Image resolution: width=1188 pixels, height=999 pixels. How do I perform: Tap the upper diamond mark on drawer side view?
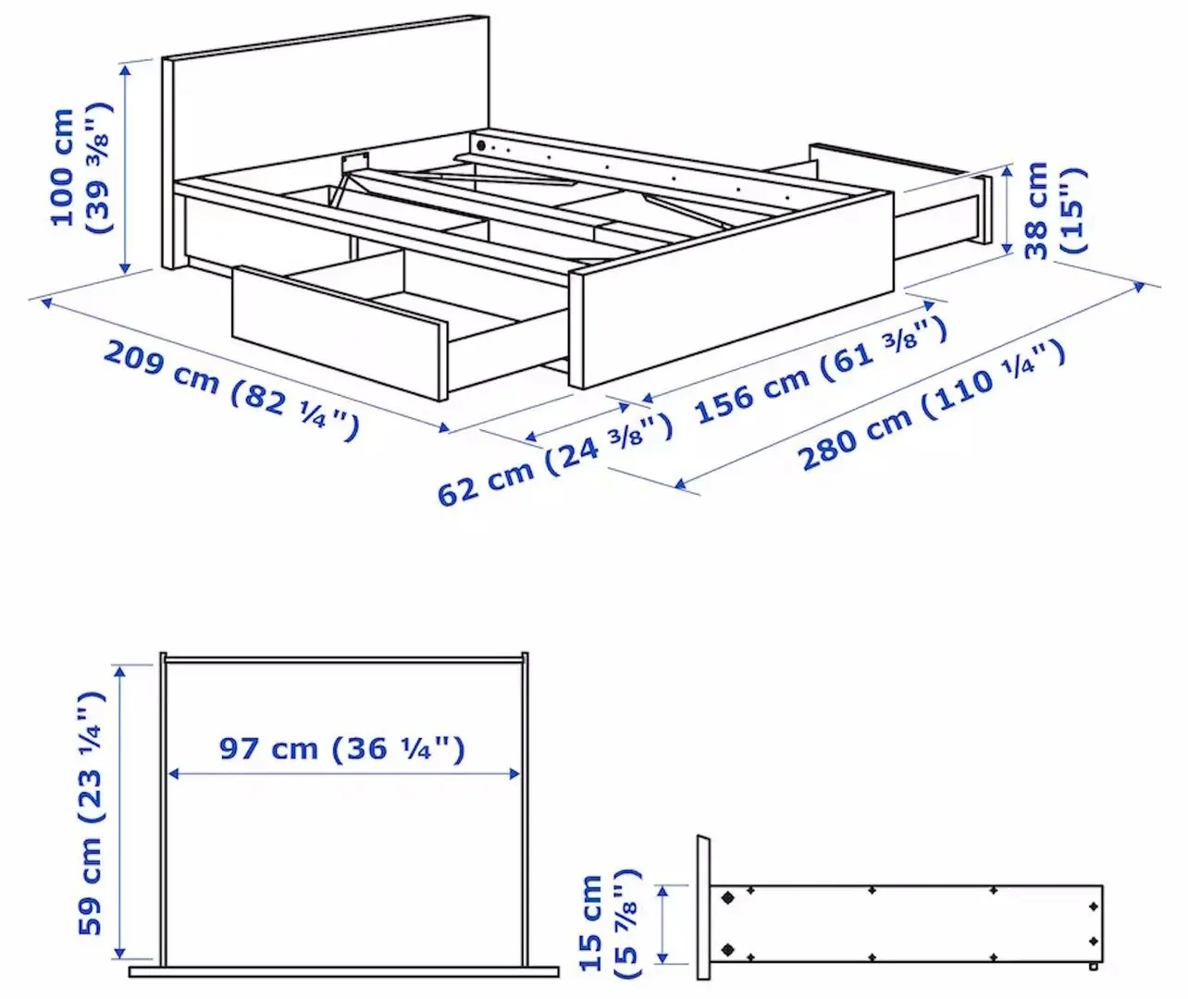click(x=728, y=897)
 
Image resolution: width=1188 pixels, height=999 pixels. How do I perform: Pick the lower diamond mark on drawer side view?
click(x=728, y=949)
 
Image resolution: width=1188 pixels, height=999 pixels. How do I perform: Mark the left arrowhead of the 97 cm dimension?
click(x=171, y=774)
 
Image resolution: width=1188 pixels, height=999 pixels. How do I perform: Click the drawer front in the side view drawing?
click(x=703, y=906)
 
